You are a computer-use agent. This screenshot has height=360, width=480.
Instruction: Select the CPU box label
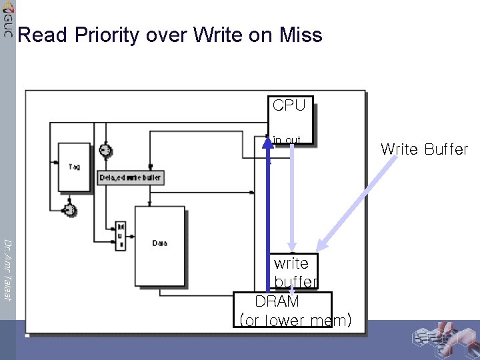[289, 105]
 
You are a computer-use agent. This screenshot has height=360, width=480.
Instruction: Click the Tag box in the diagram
[74, 167]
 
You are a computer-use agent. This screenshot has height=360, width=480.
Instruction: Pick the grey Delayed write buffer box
[131, 178]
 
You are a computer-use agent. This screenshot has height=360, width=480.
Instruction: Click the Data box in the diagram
[160, 244]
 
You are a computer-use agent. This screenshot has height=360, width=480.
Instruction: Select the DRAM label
[277, 301]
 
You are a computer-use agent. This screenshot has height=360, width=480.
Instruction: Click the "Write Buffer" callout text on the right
[424, 149]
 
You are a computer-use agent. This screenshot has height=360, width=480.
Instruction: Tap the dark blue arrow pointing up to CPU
[268, 213]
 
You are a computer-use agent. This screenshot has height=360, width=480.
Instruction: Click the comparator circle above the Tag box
[104, 151]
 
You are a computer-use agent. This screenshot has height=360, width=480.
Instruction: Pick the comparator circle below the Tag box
[69, 211]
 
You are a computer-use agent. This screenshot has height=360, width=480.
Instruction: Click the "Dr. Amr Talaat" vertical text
[7, 269]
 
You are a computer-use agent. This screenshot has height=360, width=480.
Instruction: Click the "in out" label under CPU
[287, 140]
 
